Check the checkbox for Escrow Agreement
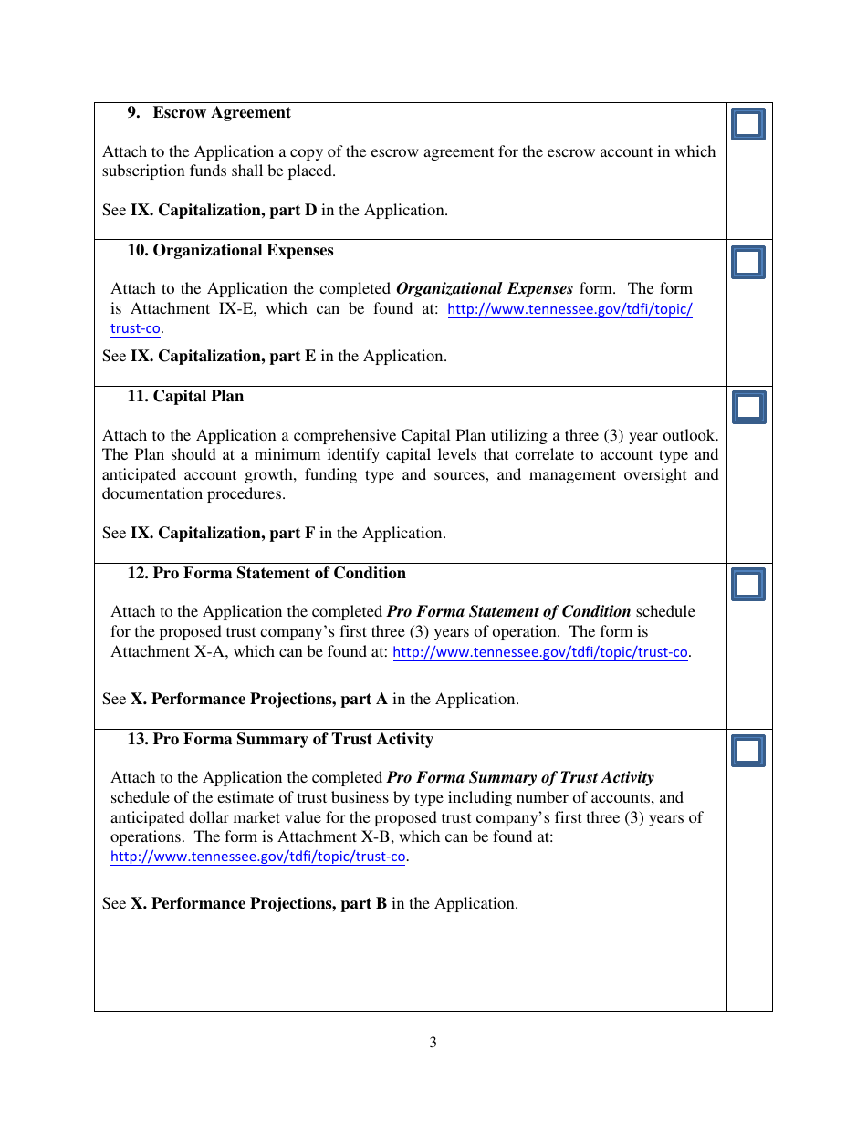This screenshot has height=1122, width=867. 748,124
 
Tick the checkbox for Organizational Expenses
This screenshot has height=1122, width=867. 748,263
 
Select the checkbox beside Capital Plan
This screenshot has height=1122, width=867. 748,407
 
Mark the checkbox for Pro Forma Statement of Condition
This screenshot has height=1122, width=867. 748,584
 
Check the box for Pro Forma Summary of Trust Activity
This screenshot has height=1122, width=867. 748,751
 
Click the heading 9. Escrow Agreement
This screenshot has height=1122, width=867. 209,113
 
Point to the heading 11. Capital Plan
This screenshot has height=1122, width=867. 185,397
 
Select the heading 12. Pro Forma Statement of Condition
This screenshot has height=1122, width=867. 266,574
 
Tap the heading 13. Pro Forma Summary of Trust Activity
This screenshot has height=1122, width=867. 280,740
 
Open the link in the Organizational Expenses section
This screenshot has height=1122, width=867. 569,309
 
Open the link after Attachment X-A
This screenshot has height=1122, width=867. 539,652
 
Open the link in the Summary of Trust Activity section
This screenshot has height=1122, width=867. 257,857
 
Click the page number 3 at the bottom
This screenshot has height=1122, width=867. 433,1043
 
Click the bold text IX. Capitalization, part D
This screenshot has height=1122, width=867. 224,211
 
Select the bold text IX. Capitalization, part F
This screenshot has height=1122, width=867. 223,534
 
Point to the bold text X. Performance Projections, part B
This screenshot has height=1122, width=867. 258,904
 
